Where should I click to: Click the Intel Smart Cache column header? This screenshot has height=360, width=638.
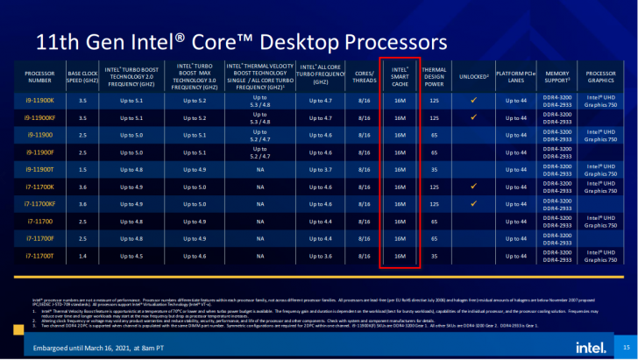pyautogui.click(x=400, y=75)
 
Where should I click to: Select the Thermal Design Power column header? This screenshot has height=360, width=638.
pyautogui.click(x=435, y=75)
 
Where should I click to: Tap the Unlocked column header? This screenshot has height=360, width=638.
pyautogui.click(x=473, y=75)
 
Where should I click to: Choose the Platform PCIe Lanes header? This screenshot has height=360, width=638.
pyautogui.click(x=515, y=75)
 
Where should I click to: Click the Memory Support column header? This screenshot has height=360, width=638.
pyautogui.click(x=558, y=75)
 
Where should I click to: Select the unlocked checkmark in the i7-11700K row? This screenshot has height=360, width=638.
pyautogui.click(x=473, y=187)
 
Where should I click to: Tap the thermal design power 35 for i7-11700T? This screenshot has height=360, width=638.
pyautogui.click(x=435, y=255)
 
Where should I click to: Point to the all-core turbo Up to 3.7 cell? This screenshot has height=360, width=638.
pyautogui.click(x=321, y=170)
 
